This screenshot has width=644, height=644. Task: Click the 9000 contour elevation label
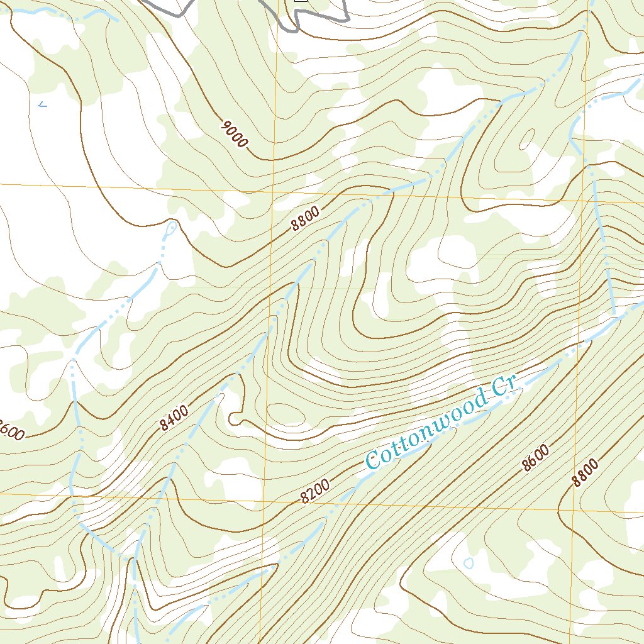click(x=235, y=134)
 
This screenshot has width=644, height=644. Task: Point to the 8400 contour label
click(x=174, y=418)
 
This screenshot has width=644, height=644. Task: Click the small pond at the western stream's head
click(x=169, y=230)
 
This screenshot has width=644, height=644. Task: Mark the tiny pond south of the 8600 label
click(x=469, y=563)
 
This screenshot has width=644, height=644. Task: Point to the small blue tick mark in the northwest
click(x=42, y=104)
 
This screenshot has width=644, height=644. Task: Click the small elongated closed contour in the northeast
click(x=526, y=138)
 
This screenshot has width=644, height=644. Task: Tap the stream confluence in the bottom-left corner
click(x=133, y=558)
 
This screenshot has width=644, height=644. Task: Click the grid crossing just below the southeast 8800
click(x=573, y=509)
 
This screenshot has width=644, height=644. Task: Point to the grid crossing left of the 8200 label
click(x=264, y=501)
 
